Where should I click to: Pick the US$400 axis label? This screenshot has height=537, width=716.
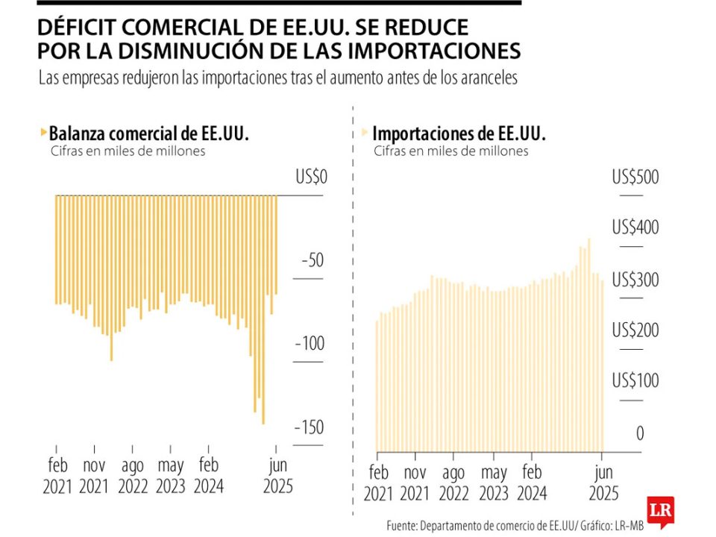(x=635, y=227)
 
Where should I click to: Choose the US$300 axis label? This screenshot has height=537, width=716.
(x=635, y=279)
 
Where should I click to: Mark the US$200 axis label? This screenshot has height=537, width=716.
(x=635, y=330)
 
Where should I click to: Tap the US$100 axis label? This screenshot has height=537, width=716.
(x=635, y=380)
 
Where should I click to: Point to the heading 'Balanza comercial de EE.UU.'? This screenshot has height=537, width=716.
(x=148, y=134)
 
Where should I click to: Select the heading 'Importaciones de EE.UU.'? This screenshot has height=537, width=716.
(x=459, y=134)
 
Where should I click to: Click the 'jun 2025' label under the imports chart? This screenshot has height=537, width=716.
(x=602, y=483)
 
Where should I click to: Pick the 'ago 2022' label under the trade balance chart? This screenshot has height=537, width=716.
(x=132, y=477)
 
